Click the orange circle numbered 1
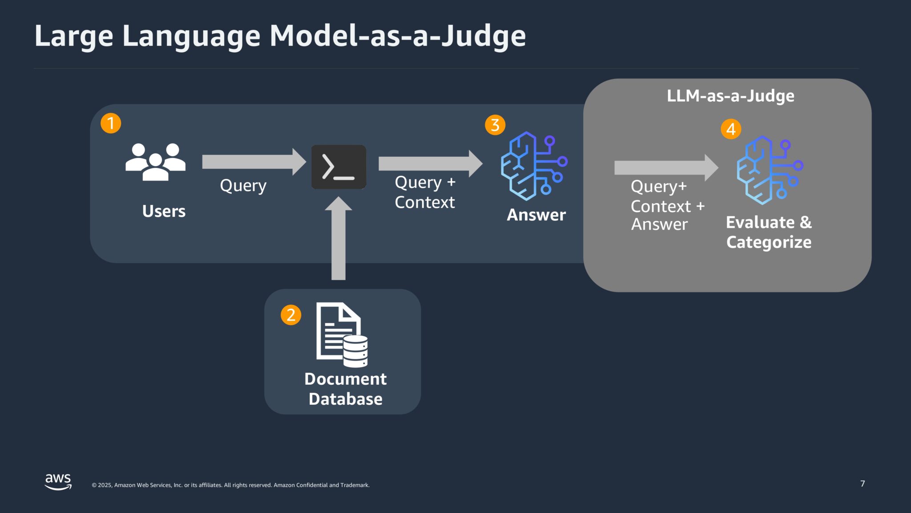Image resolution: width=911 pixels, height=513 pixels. click(111, 123)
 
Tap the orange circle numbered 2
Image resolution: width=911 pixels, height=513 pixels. click(291, 315)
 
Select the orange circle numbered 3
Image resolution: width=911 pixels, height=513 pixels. click(495, 125)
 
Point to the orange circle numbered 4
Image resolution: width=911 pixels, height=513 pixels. click(731, 129)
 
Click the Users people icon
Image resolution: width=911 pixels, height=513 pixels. click(155, 162)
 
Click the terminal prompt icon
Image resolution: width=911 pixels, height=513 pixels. click(339, 167)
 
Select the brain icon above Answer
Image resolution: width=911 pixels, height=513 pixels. click(533, 166)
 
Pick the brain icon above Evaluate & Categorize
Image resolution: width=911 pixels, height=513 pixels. click(769, 170)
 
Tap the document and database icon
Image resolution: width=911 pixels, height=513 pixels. click(342, 334)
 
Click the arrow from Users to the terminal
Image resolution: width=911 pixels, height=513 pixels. click(254, 162)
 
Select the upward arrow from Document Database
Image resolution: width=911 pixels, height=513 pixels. click(339, 238)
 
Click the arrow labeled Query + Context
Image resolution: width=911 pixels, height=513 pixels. click(430, 163)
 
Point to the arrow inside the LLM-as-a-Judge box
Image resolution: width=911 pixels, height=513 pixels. click(665, 168)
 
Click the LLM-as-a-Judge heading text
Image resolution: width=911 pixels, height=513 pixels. click(730, 96)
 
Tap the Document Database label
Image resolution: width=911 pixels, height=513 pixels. click(346, 389)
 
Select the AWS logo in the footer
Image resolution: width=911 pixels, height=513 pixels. click(58, 481)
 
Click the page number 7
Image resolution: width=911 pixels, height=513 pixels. click(863, 484)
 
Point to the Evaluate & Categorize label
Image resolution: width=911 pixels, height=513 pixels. click(769, 232)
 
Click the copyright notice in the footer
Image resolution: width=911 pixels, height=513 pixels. click(230, 485)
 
